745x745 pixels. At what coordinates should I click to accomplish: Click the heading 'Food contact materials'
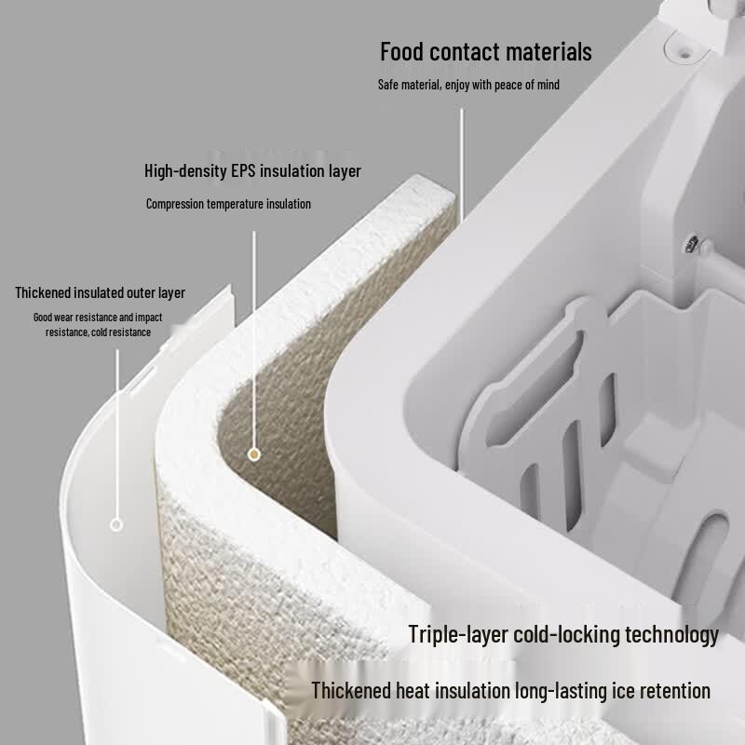tap(485, 51)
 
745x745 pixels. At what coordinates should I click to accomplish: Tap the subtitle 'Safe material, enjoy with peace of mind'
tap(468, 85)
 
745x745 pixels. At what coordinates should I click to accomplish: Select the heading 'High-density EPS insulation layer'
tap(252, 170)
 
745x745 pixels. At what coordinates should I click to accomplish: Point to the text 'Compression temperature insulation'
tap(228, 204)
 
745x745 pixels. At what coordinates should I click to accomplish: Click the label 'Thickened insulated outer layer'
tap(100, 292)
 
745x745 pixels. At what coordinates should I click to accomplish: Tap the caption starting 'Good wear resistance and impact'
tap(98, 324)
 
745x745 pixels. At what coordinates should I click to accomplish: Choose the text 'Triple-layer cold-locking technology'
tap(563, 634)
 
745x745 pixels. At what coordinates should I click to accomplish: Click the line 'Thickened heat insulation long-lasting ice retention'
tap(510, 690)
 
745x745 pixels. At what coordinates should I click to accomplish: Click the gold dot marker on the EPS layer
tap(254, 454)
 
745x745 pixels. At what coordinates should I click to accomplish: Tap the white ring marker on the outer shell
tap(116, 525)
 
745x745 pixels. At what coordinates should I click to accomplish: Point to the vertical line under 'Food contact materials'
tap(461, 165)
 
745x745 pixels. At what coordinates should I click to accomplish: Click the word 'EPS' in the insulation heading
tap(243, 170)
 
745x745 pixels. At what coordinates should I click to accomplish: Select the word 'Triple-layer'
tap(458, 635)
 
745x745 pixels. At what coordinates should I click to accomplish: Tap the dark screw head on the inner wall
tap(692, 243)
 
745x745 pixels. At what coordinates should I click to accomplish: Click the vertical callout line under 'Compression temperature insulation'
tap(253, 340)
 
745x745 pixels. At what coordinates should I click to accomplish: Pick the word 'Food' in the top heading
tap(402, 51)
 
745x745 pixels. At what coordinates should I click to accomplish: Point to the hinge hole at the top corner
tap(684, 54)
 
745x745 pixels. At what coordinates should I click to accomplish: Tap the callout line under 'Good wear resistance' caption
tap(117, 434)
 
